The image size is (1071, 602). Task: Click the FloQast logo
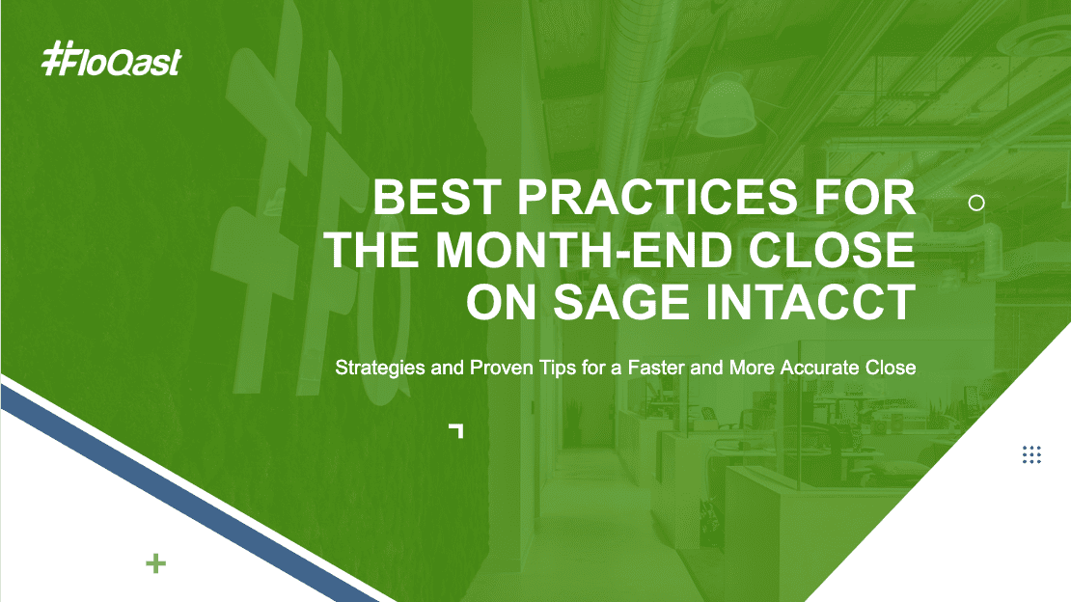111,59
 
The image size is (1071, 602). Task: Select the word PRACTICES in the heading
657,197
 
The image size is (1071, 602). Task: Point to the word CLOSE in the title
832,250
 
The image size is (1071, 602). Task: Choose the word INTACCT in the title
810,302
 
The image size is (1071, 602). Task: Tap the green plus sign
155,563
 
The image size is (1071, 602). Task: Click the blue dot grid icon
1031,454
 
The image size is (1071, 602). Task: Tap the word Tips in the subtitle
558,368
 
